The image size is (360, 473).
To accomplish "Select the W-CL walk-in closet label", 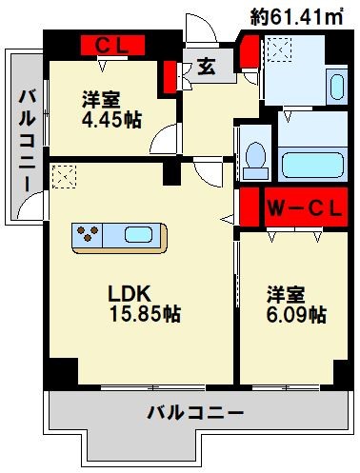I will pyautogui.click(x=299, y=207).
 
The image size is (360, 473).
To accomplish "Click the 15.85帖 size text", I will pyautogui.click(x=142, y=313).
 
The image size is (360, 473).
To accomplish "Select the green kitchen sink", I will pyautogui.click(x=139, y=234).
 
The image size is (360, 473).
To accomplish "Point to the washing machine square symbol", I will pyautogui.click(x=281, y=49).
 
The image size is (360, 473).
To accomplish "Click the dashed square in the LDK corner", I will pyautogui.click(x=63, y=176).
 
